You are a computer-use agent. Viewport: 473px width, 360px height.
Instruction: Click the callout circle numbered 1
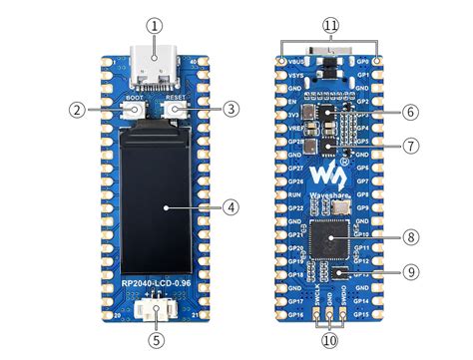[x=153, y=26]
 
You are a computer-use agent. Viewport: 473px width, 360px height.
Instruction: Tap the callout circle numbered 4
[x=232, y=207]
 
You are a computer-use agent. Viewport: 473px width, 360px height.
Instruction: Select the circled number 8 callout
[x=412, y=236]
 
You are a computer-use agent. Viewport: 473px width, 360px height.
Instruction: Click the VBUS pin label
[x=295, y=62]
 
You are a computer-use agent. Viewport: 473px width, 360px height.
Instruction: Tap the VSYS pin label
[x=295, y=75]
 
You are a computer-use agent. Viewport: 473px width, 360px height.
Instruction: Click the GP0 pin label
[x=365, y=62]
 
